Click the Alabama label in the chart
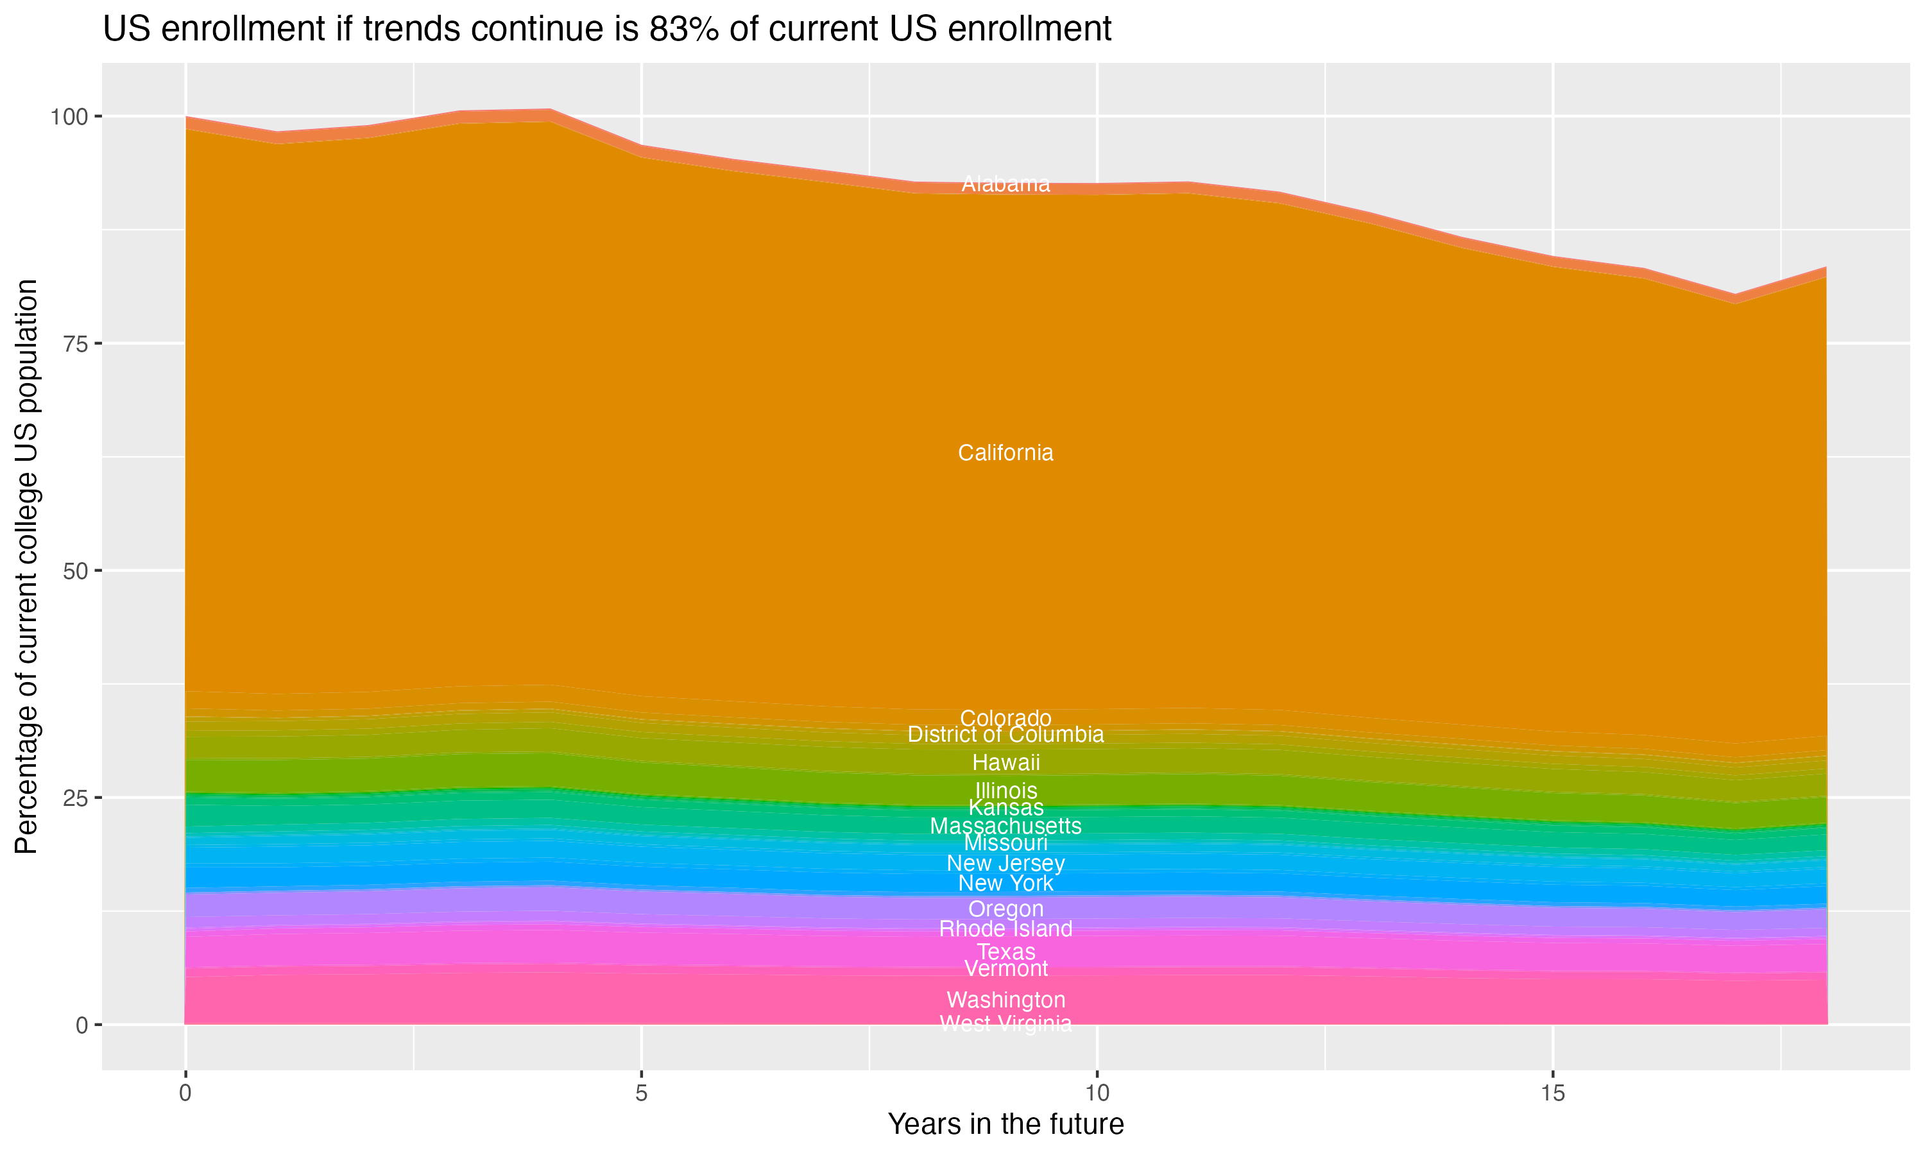[x=1005, y=184]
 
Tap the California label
[x=1005, y=453]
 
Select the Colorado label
[x=1005, y=719]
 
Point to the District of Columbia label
[x=1005, y=735]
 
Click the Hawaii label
[x=1005, y=763]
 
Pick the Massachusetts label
[x=1005, y=826]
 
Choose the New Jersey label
[x=1005, y=863]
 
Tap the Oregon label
[x=1005, y=909]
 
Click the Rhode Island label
[x=1005, y=928]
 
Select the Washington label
[x=1005, y=1000]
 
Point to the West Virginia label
[x=1005, y=1023]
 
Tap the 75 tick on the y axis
[x=74, y=344]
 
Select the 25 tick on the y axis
[x=74, y=798]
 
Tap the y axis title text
[x=26, y=567]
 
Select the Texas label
[x=1005, y=952]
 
